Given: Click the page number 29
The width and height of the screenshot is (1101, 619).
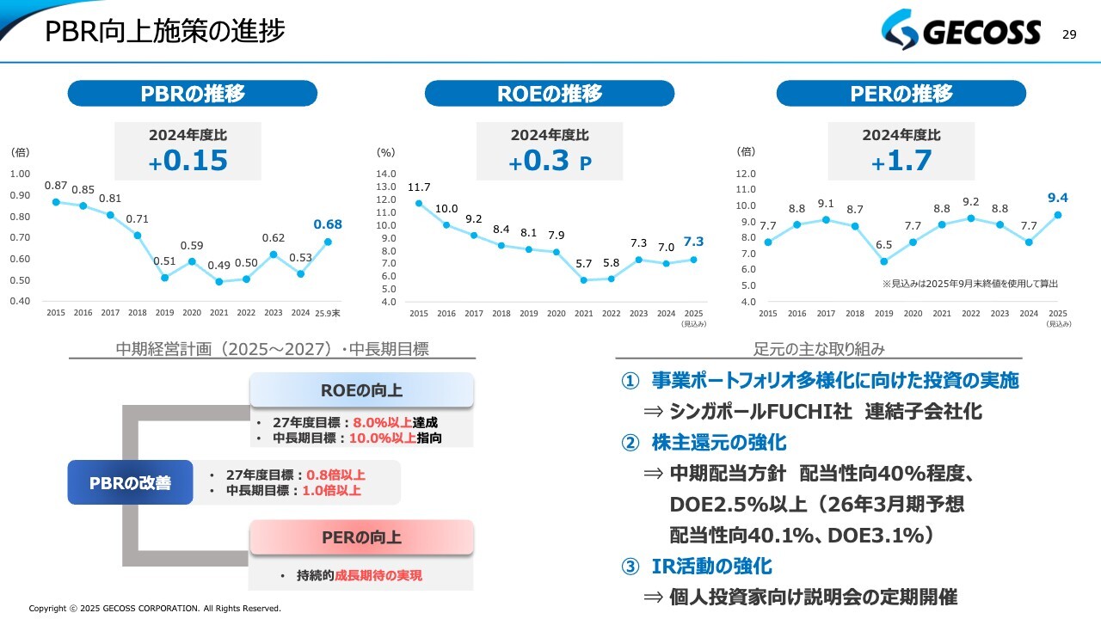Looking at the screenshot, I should point(1069,34).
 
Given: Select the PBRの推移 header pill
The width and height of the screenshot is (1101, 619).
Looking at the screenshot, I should point(193,94).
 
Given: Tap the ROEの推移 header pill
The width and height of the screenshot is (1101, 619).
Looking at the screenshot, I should point(550,94).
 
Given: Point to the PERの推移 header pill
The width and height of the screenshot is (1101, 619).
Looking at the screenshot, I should point(901,94).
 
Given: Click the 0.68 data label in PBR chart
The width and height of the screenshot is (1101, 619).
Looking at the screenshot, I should point(328,224).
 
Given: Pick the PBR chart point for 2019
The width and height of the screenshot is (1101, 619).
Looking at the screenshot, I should point(164,277).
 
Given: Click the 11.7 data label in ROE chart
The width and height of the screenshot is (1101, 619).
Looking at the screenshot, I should point(419,187).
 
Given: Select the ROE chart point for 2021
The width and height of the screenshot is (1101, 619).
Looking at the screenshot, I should point(584,279).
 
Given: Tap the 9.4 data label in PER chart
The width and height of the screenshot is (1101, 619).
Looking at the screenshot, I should point(1058,199).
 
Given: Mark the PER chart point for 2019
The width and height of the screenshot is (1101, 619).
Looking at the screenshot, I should point(883,261).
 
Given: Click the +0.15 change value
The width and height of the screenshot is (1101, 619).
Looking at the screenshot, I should point(188,161).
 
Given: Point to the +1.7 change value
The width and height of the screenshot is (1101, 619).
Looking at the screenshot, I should point(901,161).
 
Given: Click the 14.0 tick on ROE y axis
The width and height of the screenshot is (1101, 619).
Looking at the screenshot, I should point(387,174).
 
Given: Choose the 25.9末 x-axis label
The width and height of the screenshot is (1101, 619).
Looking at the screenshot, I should point(328,314).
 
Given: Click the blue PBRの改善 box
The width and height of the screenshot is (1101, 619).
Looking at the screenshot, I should point(130,482).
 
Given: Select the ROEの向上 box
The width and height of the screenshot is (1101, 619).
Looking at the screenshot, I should point(361,390).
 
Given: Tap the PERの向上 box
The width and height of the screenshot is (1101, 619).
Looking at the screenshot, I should point(361,538).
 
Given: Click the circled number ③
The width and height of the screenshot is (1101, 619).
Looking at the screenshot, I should point(630,567).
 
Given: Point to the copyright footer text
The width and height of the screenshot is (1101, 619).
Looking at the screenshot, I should point(155,609).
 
